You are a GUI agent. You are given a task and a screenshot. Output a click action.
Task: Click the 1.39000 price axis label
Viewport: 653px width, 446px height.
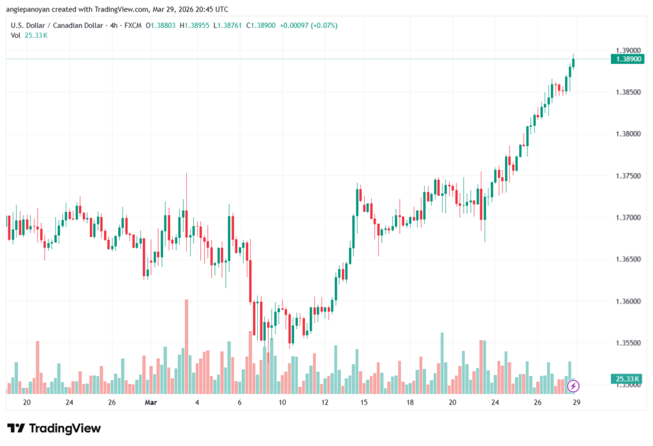627,50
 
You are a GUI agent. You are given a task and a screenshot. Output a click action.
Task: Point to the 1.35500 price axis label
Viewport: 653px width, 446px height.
627,343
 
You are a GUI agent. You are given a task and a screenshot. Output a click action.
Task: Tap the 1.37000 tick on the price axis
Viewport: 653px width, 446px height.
627,218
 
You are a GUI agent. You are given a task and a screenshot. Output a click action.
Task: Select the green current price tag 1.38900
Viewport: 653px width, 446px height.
627,59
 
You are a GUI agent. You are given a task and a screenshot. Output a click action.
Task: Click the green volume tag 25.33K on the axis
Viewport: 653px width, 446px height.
627,379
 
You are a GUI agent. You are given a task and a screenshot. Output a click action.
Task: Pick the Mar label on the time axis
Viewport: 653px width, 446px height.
150,403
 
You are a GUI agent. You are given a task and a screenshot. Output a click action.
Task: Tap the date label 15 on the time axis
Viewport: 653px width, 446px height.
364,403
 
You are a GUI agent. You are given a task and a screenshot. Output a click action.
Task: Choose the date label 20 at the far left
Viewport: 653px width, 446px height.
26,403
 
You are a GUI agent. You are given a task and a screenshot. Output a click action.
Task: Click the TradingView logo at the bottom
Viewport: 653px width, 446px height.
54,428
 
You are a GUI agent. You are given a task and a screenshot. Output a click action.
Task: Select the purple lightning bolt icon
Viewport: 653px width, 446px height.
573,385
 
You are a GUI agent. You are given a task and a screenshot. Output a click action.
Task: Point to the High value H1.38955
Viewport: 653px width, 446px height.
196,26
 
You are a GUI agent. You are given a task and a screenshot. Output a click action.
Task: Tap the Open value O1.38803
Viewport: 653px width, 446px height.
161,26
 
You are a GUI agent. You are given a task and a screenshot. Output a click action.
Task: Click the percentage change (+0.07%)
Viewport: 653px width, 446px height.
325,26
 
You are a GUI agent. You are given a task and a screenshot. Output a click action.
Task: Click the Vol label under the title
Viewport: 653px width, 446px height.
16,35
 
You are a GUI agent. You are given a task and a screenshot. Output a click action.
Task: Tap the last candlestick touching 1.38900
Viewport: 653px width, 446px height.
574,62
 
